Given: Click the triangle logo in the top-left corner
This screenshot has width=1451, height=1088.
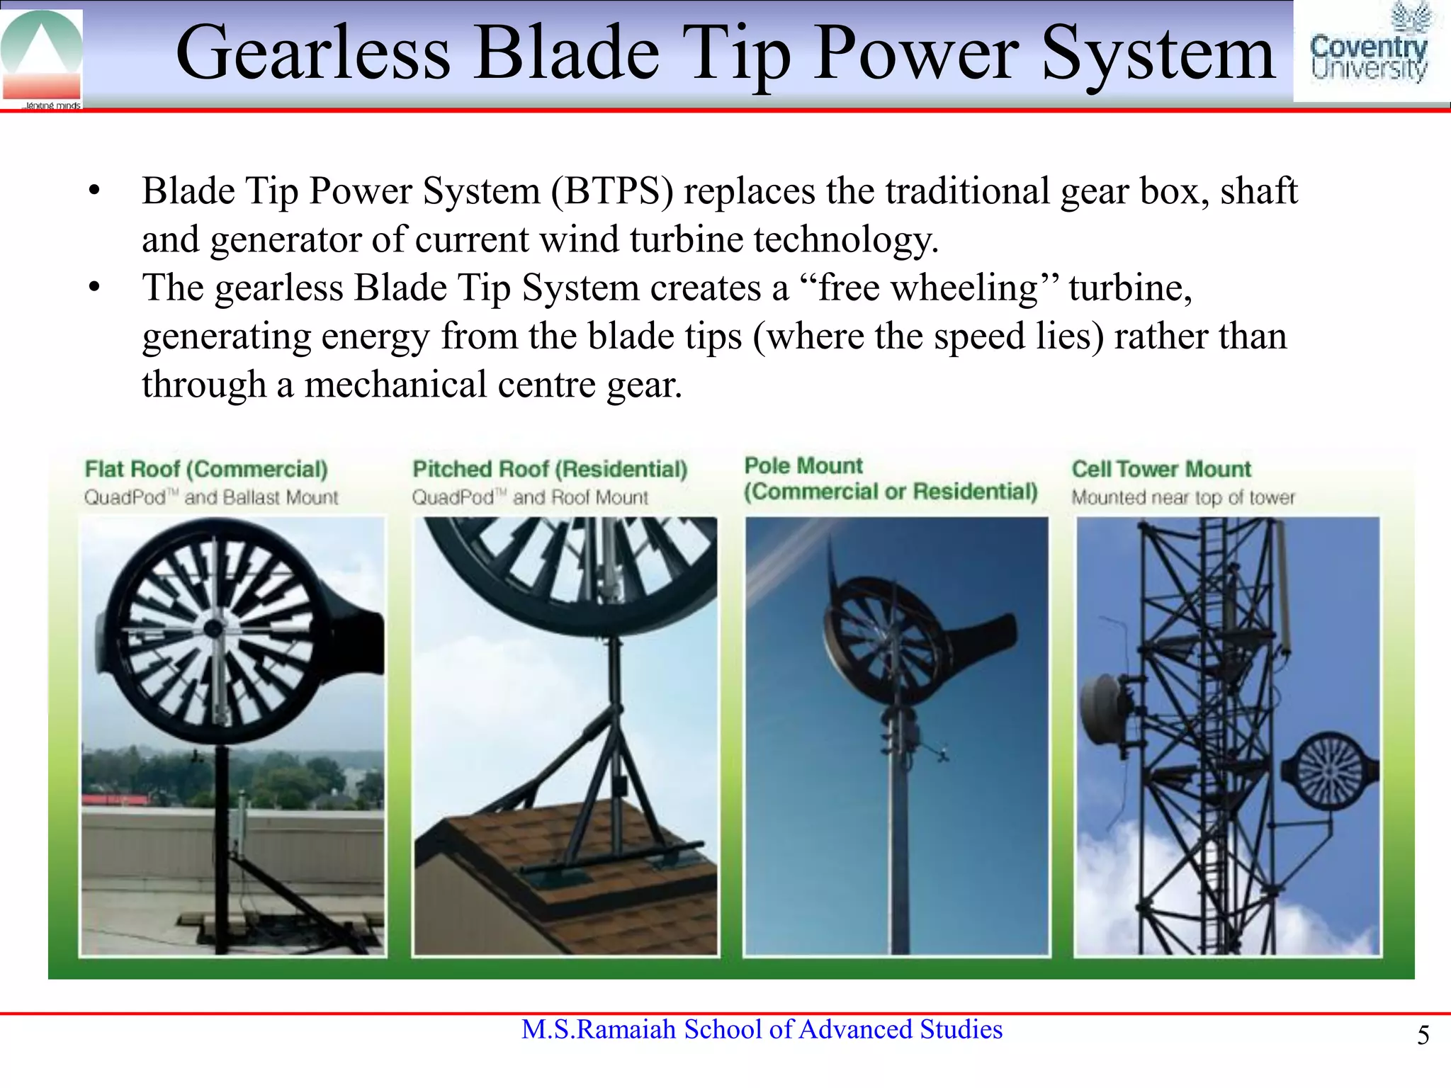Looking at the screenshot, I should coord(41,55).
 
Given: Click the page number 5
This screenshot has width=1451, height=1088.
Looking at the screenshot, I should coord(1423,1036).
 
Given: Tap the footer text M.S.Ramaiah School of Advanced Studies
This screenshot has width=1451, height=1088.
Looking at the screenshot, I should coord(762,1029).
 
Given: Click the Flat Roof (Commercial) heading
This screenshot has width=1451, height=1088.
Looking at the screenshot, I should coord(206,469).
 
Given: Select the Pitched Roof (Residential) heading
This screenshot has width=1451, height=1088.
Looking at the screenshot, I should coord(550,469).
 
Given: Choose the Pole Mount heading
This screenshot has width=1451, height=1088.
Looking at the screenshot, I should coord(803,465).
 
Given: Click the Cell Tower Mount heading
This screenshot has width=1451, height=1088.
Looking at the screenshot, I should coord(1161,469).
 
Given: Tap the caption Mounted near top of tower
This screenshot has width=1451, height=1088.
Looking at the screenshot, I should coord(1182,497).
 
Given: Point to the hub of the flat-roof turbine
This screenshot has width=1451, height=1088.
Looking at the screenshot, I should coord(213,628).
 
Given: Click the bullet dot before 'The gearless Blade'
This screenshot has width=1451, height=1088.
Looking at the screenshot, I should coord(94,288).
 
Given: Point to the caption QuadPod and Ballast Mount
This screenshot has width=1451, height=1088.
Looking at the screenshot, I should coord(211,497).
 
